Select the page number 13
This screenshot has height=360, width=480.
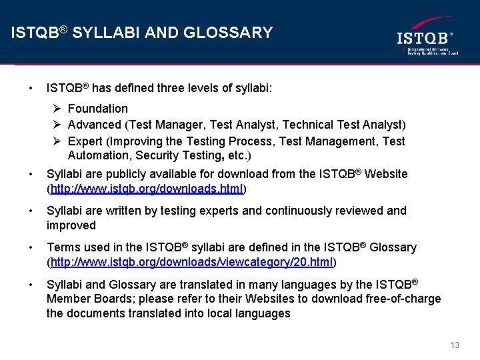click(455, 345)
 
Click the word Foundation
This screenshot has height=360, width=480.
click(97, 109)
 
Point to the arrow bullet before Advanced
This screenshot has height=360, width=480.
click(57, 125)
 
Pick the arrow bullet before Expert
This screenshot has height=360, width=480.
click(57, 141)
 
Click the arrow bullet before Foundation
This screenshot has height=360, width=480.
click(57, 109)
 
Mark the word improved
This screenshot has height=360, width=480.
click(71, 226)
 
